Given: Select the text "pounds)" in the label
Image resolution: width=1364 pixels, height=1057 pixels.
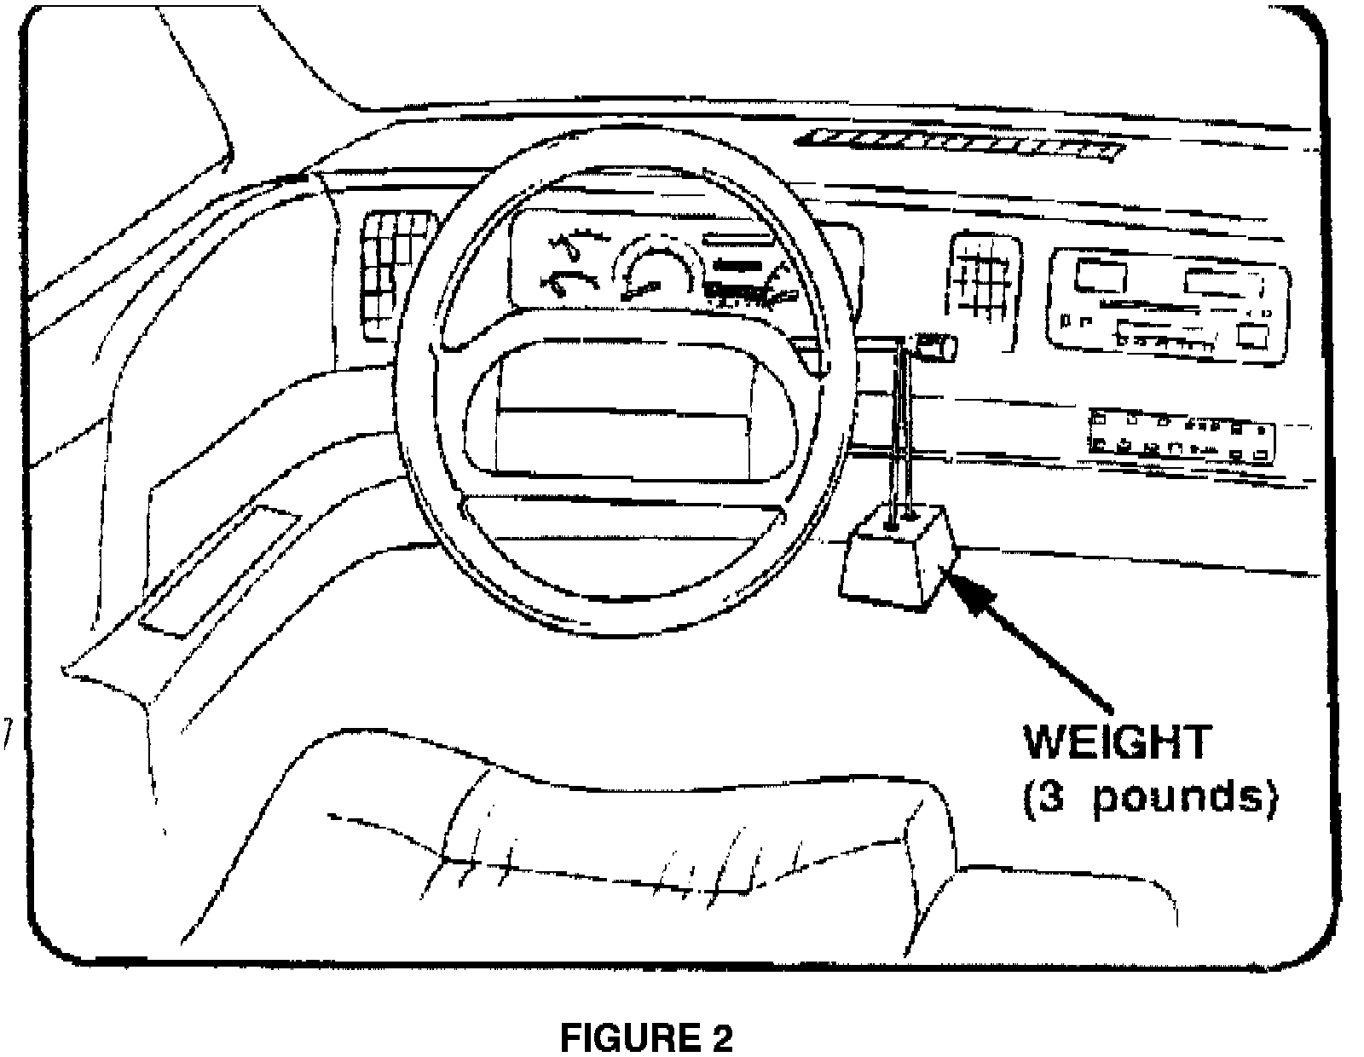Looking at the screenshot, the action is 1186,799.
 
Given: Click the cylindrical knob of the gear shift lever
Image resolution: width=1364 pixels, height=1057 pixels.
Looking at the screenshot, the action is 936,347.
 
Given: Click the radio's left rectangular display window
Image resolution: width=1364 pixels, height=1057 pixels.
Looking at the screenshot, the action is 1101,277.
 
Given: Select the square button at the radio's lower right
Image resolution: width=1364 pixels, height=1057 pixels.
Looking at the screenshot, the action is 1251,336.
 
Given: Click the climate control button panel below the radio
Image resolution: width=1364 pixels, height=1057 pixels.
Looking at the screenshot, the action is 1182,434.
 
